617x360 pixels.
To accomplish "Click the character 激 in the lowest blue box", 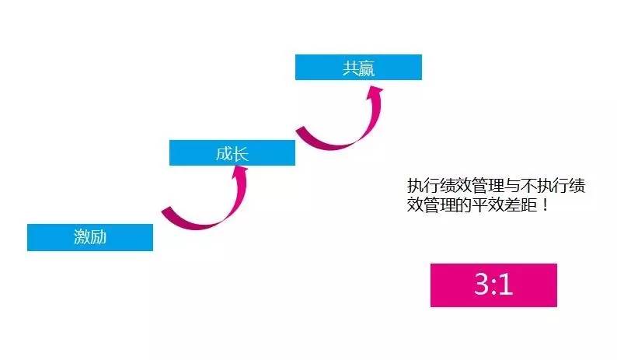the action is [82, 238].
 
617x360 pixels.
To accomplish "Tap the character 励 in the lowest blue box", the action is [98, 238].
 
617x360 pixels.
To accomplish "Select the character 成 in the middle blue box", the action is [224, 152].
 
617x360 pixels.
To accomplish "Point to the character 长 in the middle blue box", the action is [240, 152].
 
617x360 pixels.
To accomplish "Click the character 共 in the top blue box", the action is [350, 68].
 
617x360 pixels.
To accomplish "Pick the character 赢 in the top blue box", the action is [367, 68].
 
